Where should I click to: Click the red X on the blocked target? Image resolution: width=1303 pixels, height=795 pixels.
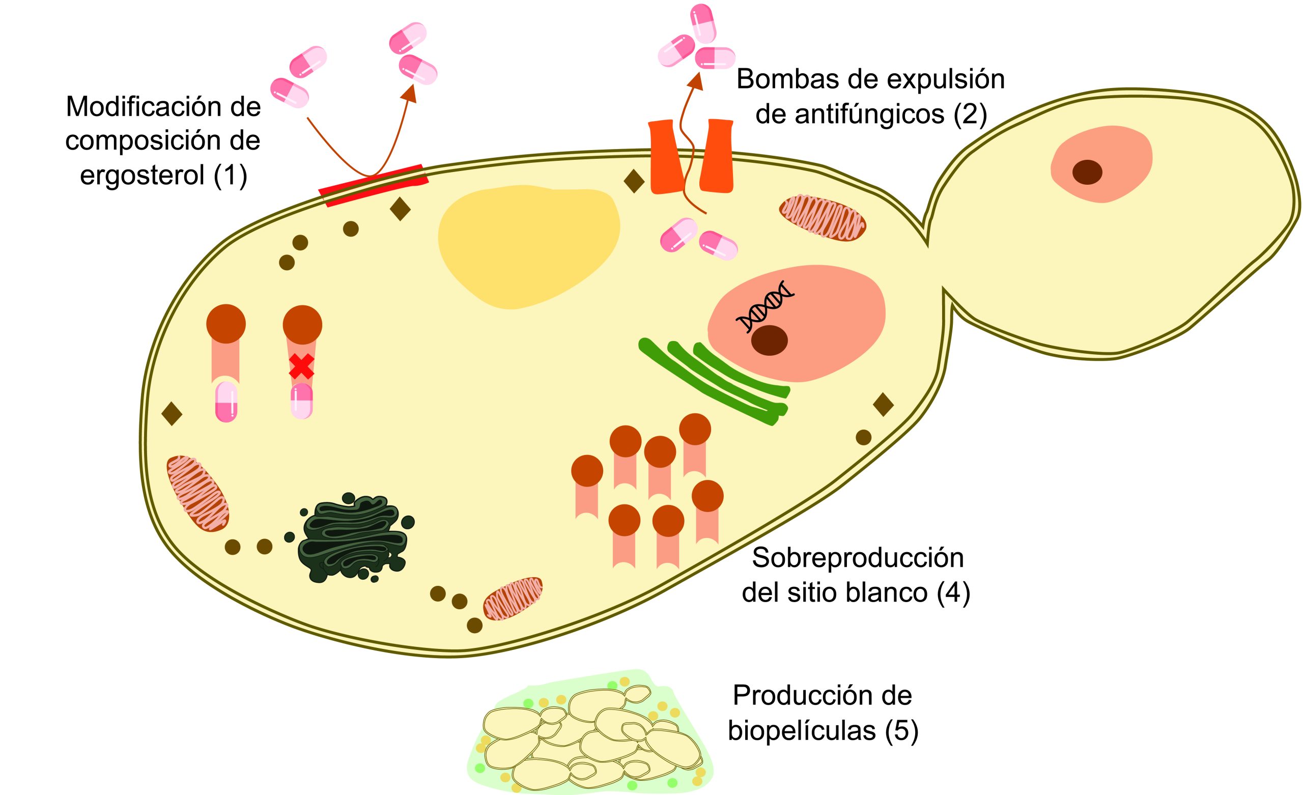click(301, 366)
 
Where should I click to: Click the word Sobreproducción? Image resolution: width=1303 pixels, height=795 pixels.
click(858, 558)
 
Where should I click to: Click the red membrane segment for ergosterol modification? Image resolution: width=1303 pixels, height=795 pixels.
click(374, 185)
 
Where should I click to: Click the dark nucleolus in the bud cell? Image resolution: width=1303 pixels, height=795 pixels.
click(1087, 173)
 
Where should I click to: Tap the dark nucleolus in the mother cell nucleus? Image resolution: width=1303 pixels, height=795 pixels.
click(769, 340)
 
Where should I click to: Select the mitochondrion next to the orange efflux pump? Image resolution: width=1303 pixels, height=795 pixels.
click(823, 217)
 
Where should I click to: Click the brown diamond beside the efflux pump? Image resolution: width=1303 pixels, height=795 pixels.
click(634, 181)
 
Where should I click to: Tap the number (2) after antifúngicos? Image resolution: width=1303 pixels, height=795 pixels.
click(970, 114)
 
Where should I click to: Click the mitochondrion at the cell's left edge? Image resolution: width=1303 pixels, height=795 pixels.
click(198, 493)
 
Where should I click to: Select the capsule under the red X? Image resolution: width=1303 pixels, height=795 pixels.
click(301, 401)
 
